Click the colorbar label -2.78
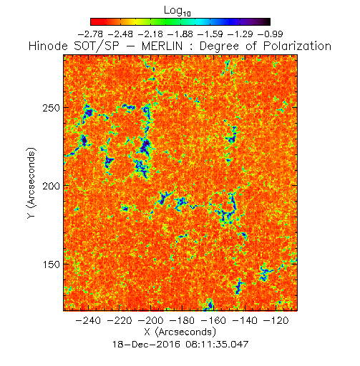(x=90, y=34)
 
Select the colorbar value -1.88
(x=180, y=34)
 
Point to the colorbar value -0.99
(x=271, y=34)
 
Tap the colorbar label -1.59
(x=210, y=34)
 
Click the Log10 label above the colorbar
(x=177, y=11)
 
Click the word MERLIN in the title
(x=162, y=46)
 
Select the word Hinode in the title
(x=48, y=46)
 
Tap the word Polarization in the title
(x=297, y=46)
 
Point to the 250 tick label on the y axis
(x=51, y=108)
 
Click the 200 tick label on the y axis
(x=51, y=186)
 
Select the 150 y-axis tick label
(x=51, y=264)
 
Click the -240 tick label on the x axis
(x=88, y=320)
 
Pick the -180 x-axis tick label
(x=182, y=320)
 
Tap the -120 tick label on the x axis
(x=276, y=320)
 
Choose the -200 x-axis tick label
(x=150, y=320)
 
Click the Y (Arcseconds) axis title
(x=31, y=183)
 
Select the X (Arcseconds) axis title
(x=180, y=332)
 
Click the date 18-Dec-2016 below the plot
(x=146, y=345)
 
